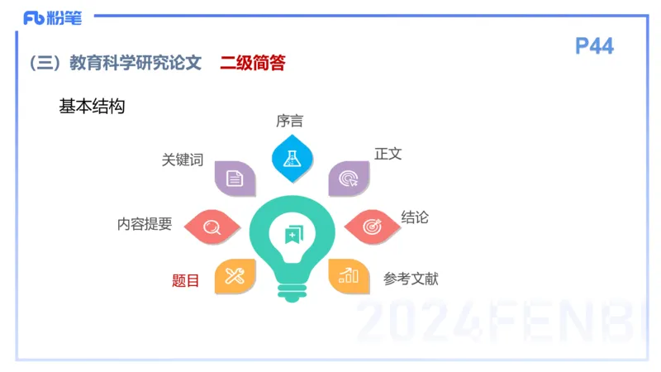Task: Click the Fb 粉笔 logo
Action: tap(53, 17)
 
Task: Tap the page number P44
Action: tap(594, 46)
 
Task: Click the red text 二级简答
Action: tap(253, 63)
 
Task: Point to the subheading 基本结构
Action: tap(92, 107)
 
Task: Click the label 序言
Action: tap(289, 122)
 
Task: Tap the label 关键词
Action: tap(183, 160)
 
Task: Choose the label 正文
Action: tap(388, 154)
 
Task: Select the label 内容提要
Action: tap(145, 224)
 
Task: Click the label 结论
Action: tap(415, 217)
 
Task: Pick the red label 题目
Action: tap(186, 280)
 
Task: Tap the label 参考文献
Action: tap(411, 279)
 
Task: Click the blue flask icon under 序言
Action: tap(292, 158)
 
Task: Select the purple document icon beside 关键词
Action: tap(235, 178)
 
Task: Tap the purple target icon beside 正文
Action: tap(349, 179)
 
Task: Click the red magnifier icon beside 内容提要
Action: tap(212, 226)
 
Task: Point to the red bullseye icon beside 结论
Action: tap(371, 226)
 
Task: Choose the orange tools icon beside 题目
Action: tap(235, 275)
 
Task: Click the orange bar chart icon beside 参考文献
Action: tap(349, 275)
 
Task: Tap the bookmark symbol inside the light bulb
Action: tap(292, 234)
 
